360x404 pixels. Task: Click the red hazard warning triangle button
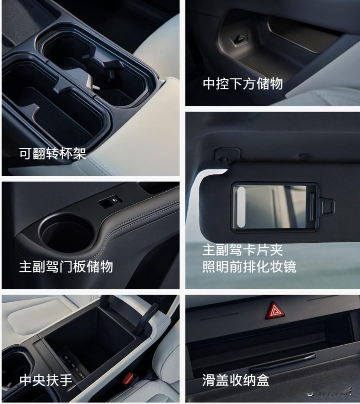(275, 310)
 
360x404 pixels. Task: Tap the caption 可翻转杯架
(53, 154)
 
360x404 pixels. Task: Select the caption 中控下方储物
(243, 84)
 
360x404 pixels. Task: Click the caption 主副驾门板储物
(66, 266)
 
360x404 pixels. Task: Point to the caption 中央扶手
(46, 380)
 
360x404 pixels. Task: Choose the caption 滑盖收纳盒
(236, 380)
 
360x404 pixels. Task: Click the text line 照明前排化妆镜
(249, 266)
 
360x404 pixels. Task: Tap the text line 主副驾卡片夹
(243, 250)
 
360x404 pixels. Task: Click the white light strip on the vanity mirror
(242, 207)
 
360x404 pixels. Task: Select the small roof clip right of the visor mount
(303, 155)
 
